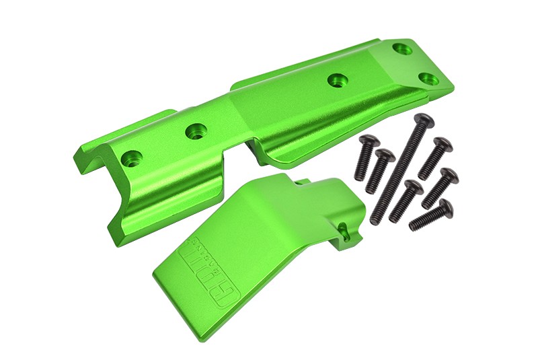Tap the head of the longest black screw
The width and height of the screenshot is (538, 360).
pyautogui.click(x=424, y=122)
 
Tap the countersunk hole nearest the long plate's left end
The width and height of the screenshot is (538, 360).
pyautogui.click(x=132, y=159)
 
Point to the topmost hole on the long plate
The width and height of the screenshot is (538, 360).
pyautogui.click(x=401, y=48)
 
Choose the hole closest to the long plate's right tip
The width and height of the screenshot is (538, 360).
pyautogui.click(x=426, y=79)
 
